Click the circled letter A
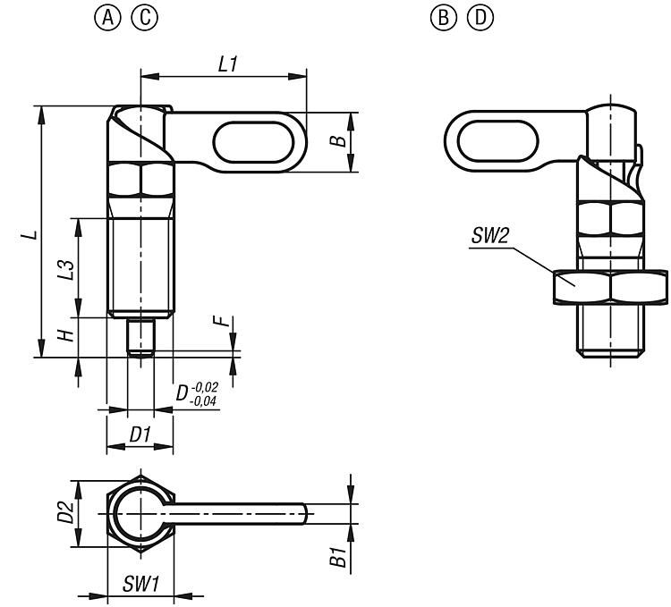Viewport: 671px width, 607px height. pos(113,18)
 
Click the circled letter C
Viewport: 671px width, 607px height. pos(144,18)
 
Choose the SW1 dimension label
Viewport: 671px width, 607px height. pos(140,585)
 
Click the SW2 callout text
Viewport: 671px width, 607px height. pos(490,236)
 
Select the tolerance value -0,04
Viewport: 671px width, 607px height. pos(206,401)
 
